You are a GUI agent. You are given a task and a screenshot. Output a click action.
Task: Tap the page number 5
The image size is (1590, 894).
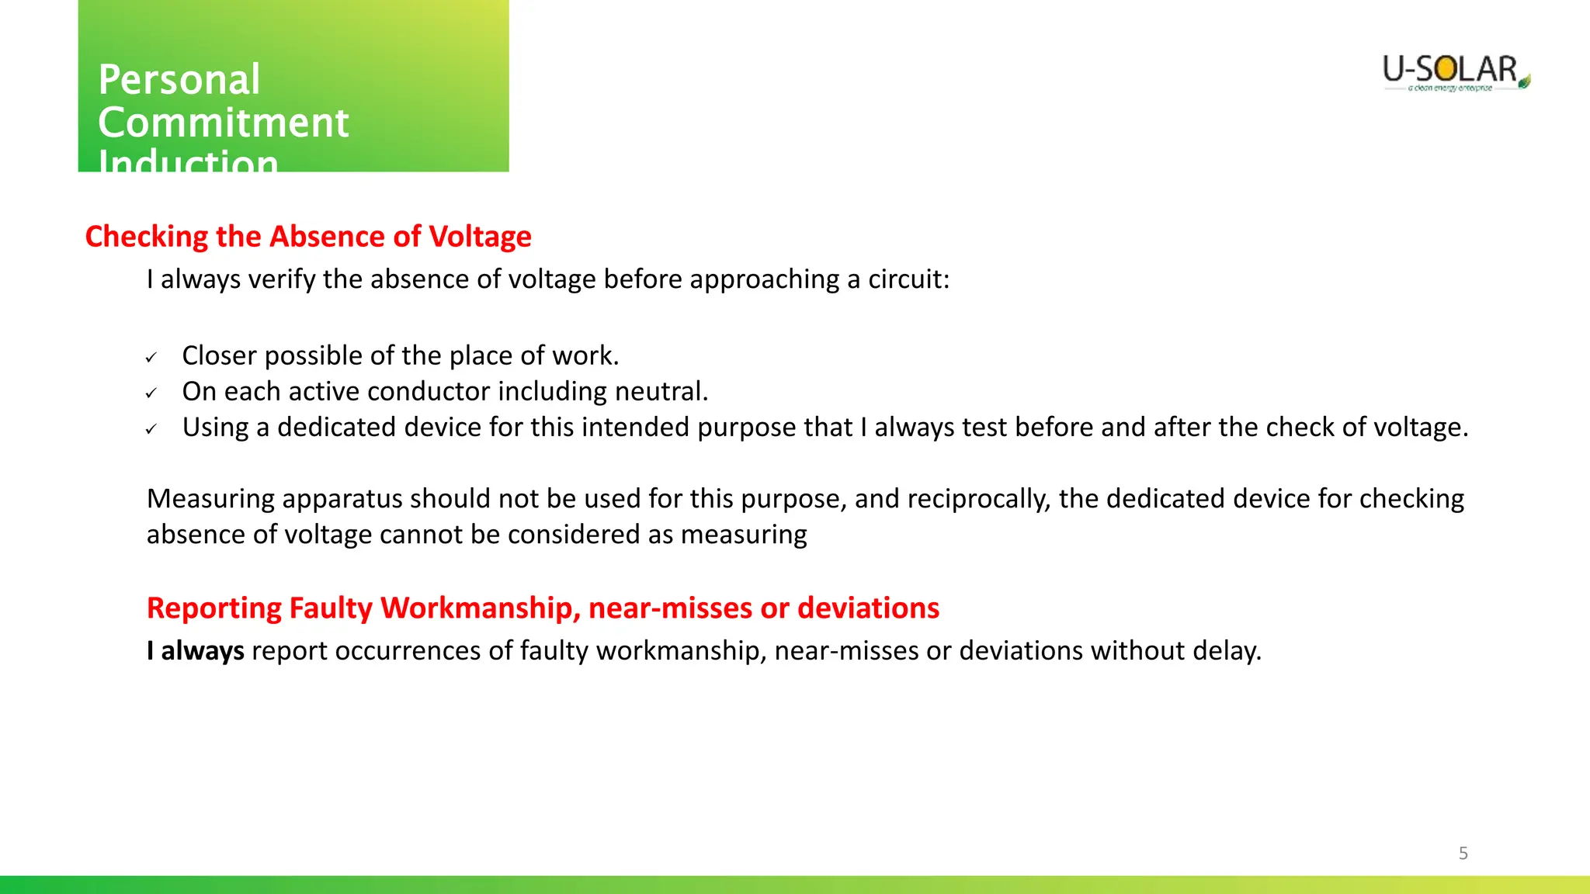pos(1463,854)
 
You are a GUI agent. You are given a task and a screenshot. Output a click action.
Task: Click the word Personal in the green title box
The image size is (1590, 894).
pos(179,80)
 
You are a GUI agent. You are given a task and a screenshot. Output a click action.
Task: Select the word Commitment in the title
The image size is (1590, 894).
pos(224,123)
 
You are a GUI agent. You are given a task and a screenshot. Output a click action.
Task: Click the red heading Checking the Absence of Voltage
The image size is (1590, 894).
pos(308,237)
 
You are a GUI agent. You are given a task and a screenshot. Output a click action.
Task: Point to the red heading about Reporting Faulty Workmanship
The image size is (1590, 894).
pos(543,608)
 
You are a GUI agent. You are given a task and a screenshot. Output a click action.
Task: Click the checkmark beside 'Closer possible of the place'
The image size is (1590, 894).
pos(151,358)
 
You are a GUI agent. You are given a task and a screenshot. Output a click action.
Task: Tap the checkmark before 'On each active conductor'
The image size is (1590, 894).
pos(151,393)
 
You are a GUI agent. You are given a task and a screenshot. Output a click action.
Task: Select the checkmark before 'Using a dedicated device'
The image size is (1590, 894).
pos(151,429)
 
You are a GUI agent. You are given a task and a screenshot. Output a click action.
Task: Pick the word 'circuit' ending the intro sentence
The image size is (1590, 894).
pos(908,279)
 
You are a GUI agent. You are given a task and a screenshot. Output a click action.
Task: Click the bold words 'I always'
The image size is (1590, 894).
pos(196,651)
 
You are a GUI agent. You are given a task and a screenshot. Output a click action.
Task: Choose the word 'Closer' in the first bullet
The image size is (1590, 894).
pos(220,356)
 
